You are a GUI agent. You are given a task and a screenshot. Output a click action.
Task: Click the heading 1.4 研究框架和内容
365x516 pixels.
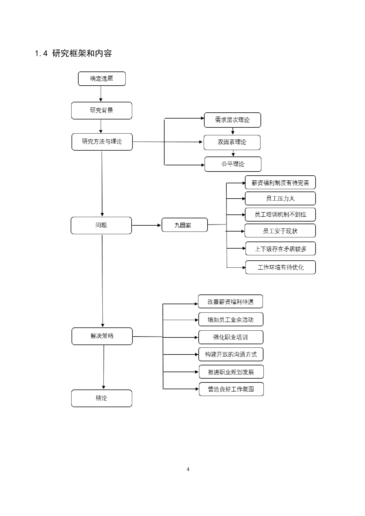tap(73, 54)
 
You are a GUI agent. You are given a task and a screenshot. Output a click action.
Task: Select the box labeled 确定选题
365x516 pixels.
tap(102, 79)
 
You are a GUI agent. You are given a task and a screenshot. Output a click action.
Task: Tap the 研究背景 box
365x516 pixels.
tap(102, 110)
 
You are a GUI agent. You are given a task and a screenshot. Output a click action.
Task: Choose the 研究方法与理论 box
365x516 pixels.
tap(102, 142)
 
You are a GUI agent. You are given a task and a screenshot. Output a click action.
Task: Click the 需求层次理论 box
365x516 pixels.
tap(232, 120)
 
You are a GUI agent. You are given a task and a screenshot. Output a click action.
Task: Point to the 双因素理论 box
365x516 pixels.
tap(232, 142)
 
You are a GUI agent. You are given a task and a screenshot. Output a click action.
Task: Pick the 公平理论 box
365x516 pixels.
tap(233, 164)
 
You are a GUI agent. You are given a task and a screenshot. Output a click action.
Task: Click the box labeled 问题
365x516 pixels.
tap(101, 225)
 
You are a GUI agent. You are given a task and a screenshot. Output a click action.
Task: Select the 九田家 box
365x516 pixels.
tap(184, 225)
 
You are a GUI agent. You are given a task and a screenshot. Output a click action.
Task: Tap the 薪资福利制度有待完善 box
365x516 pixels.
tap(280, 183)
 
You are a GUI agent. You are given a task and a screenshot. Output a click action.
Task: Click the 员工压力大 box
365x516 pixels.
tap(280, 199)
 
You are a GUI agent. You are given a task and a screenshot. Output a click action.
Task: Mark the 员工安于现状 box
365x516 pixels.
tap(280, 231)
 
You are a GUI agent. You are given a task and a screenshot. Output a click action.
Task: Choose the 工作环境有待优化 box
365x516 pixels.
tap(280, 267)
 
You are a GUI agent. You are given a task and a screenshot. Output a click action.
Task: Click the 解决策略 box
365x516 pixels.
tap(102, 336)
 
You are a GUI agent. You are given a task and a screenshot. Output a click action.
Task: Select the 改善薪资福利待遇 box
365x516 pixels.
tap(230, 302)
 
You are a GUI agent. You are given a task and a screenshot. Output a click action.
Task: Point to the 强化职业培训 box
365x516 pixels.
tap(230, 337)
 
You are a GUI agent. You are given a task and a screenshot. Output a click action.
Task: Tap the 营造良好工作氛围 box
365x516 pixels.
tap(231, 389)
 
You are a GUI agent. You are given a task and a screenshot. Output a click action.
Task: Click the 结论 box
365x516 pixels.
tap(102, 398)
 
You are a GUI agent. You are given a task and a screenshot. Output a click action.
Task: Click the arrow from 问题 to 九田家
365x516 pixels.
tap(146, 225)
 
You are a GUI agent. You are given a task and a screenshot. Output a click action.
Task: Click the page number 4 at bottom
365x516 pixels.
tap(188, 469)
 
